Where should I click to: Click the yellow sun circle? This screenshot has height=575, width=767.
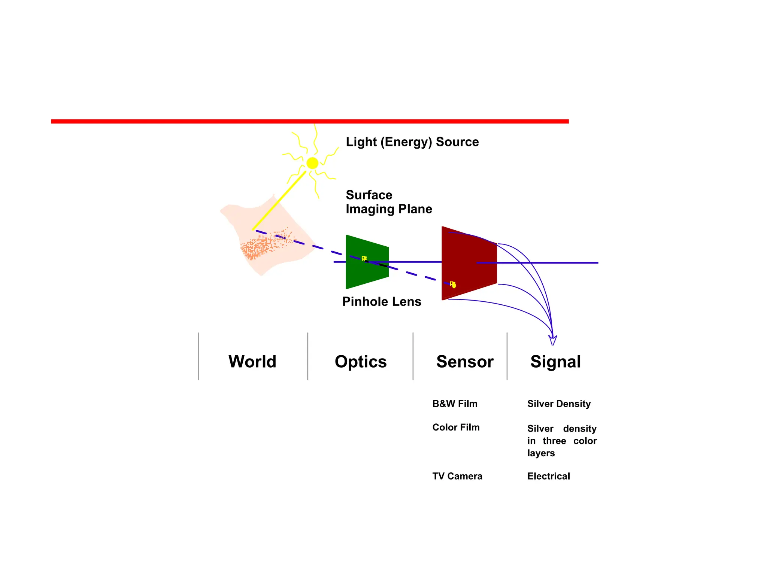pos(312,163)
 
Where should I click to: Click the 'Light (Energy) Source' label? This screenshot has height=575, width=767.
pos(412,142)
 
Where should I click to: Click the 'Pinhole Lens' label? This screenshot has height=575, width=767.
pos(382,301)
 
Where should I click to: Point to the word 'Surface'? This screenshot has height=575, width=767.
pos(369,195)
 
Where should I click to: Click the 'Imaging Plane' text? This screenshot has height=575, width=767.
pos(389,209)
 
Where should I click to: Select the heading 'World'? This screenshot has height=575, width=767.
pos(252,362)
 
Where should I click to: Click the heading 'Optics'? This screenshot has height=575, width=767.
pos(361,362)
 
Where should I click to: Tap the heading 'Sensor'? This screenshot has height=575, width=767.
pos(465,362)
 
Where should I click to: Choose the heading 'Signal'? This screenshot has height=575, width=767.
pos(555,362)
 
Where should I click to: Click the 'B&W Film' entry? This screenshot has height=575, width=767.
pos(455,404)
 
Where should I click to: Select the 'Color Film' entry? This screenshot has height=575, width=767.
pos(456,427)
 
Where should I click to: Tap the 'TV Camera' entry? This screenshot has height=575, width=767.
pos(457,476)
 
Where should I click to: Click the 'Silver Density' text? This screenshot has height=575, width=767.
pos(559,404)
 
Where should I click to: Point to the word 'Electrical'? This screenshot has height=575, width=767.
pos(549,476)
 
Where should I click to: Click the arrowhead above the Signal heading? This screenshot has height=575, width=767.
pos(553,340)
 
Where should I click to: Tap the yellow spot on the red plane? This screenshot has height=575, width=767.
pos(453,285)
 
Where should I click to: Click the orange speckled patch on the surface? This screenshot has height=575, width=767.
pos(258,247)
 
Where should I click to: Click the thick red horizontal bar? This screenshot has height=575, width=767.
pos(310,121)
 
